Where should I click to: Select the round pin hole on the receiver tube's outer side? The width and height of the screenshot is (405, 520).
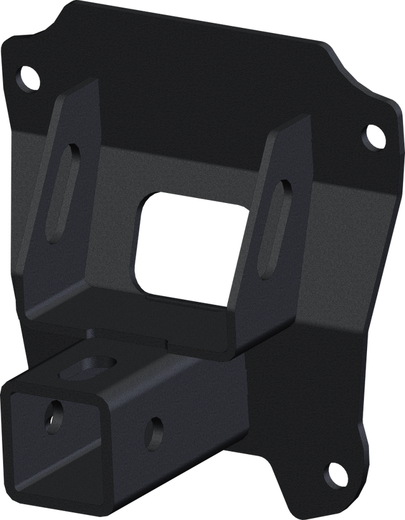click(153, 431)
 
